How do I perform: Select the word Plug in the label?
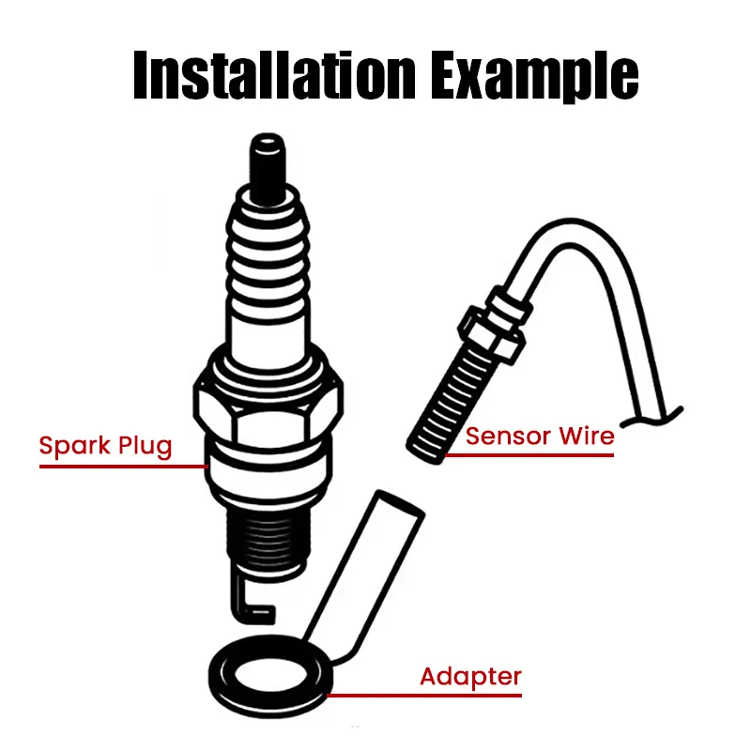click(146, 446)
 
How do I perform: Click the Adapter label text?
click(470, 676)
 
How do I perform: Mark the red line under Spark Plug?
click(122, 466)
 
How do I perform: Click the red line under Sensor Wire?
click(530, 456)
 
